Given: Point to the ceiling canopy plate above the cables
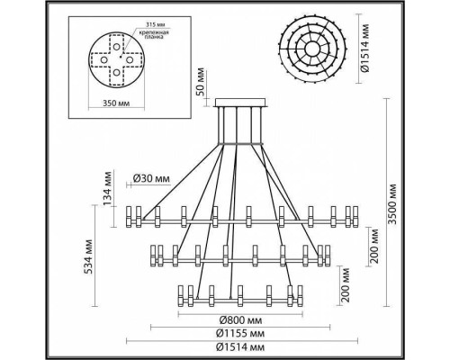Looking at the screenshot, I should pos(240,107).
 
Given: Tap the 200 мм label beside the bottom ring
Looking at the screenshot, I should pos(339,285).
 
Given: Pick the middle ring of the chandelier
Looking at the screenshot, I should pos(241,255).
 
